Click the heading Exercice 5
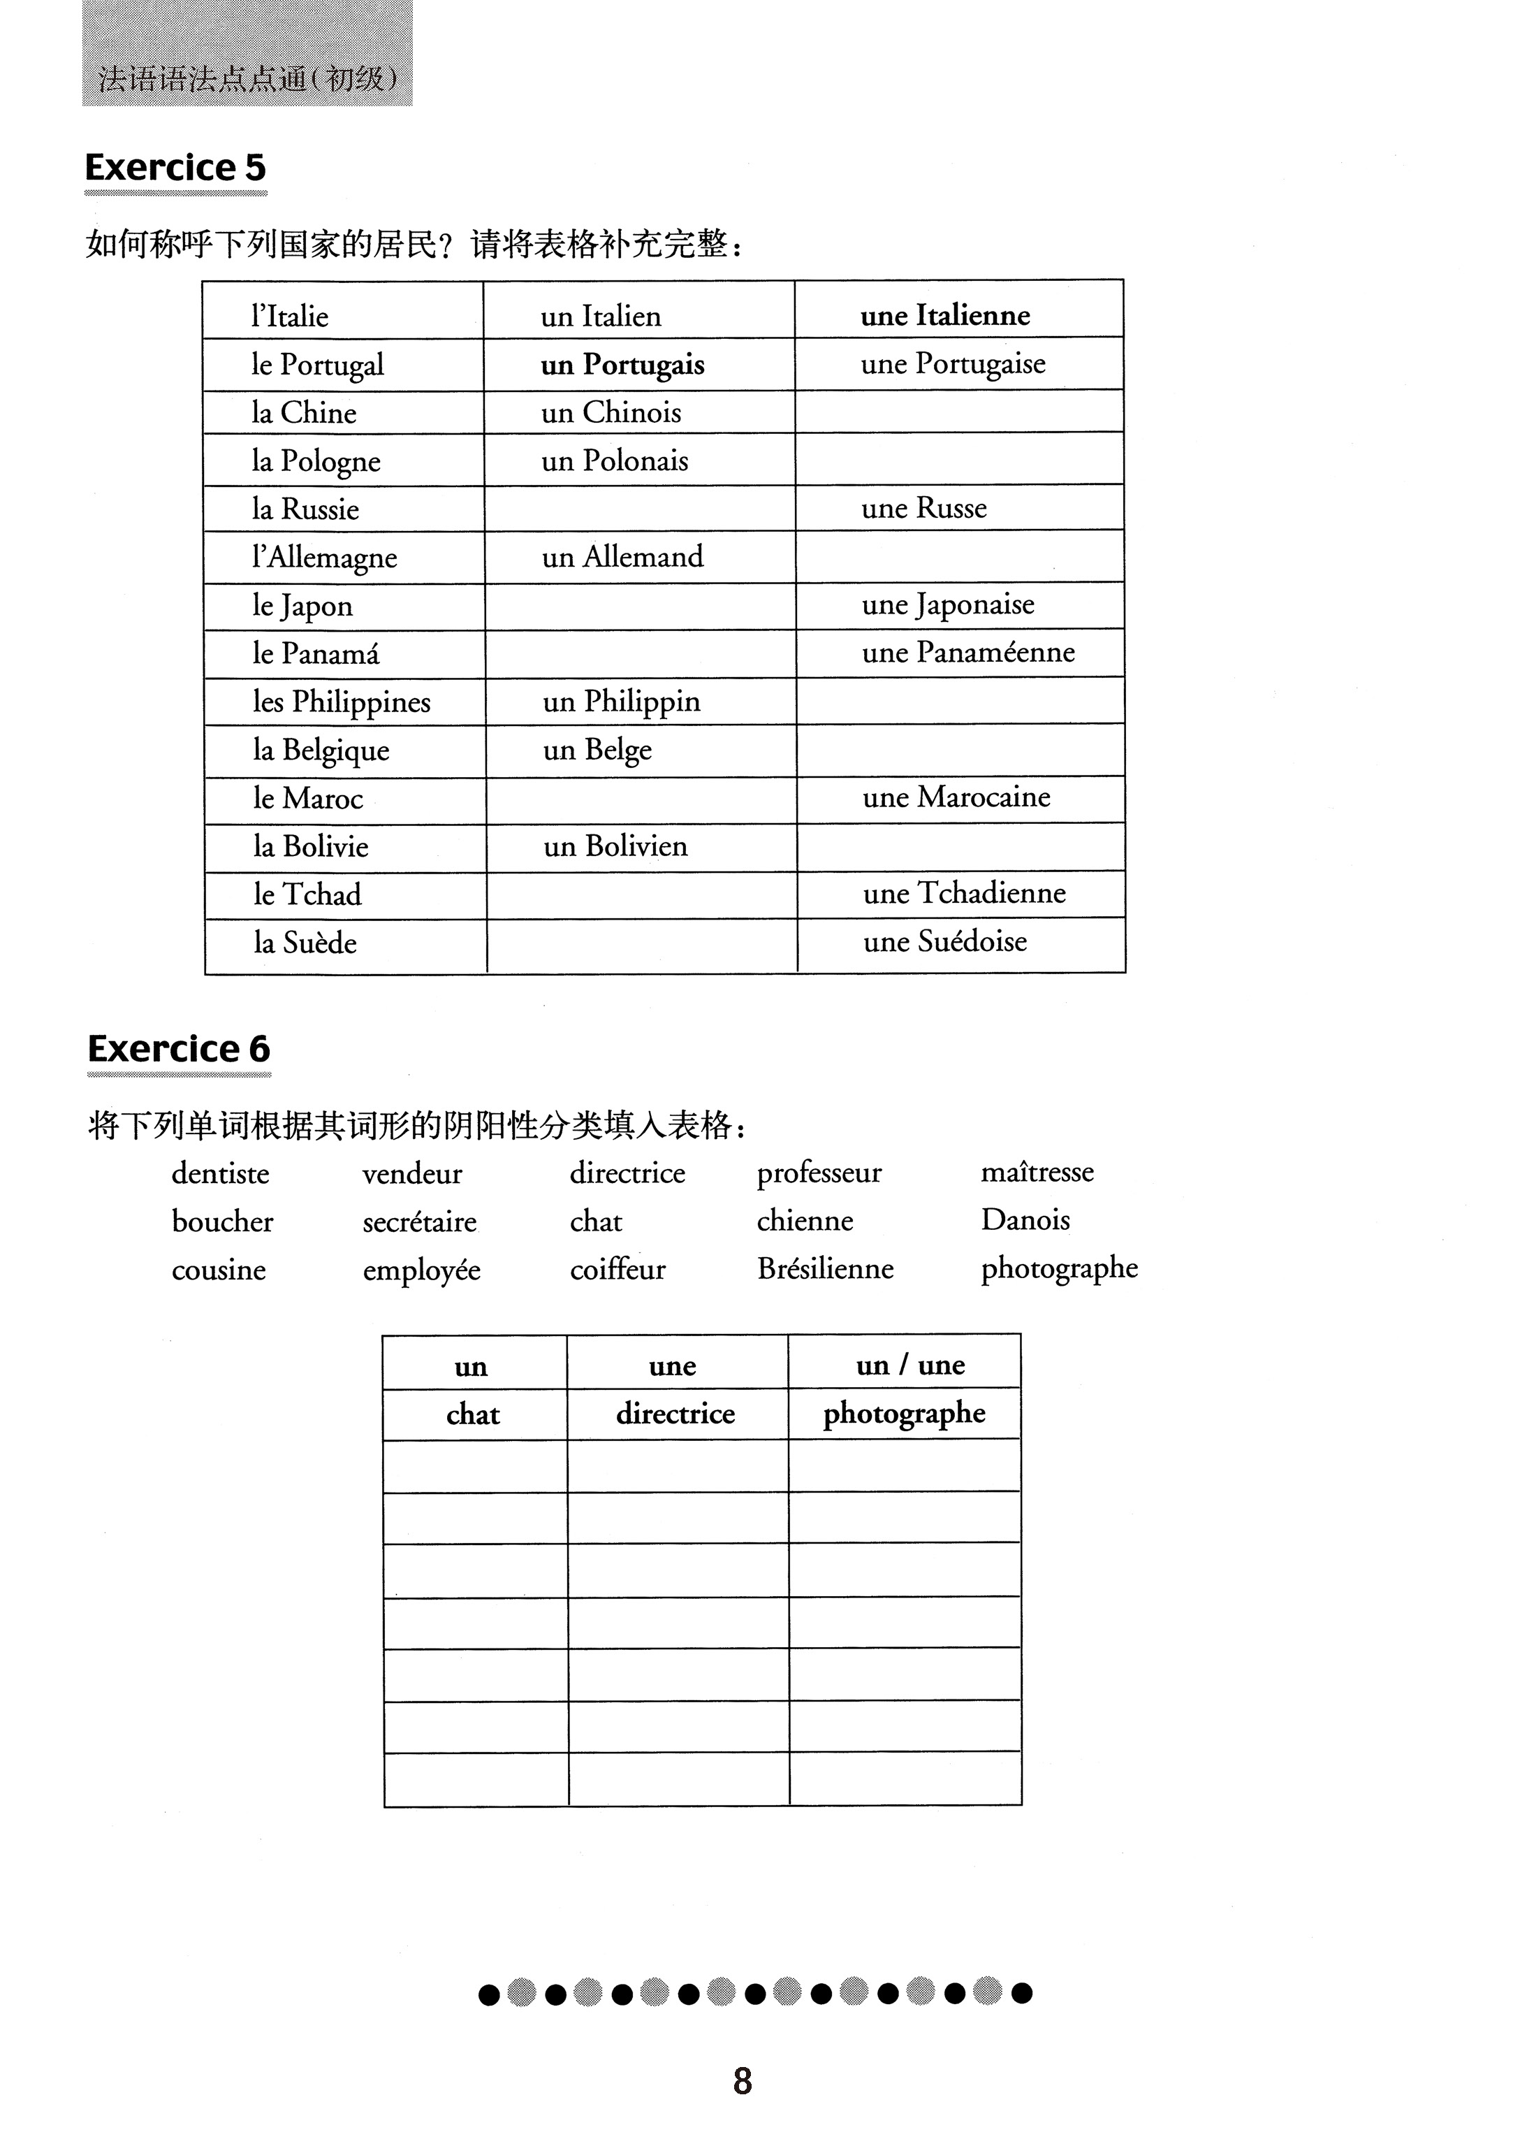(x=176, y=168)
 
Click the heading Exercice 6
(x=179, y=1049)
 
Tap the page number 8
(x=743, y=2081)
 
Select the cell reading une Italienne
(x=945, y=315)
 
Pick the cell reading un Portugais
(x=622, y=365)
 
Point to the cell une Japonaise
(x=948, y=604)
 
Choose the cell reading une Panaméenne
(x=967, y=653)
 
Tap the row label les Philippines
(x=342, y=702)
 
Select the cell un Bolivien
(x=615, y=846)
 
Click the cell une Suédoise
(x=945, y=941)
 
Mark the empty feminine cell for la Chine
(x=959, y=412)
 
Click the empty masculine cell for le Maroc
(x=641, y=799)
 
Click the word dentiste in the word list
(x=220, y=1173)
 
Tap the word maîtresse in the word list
(x=1037, y=1172)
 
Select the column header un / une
(x=910, y=1365)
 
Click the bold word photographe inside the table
(x=904, y=1414)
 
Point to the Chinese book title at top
(x=247, y=78)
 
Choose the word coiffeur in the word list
(x=617, y=1270)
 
